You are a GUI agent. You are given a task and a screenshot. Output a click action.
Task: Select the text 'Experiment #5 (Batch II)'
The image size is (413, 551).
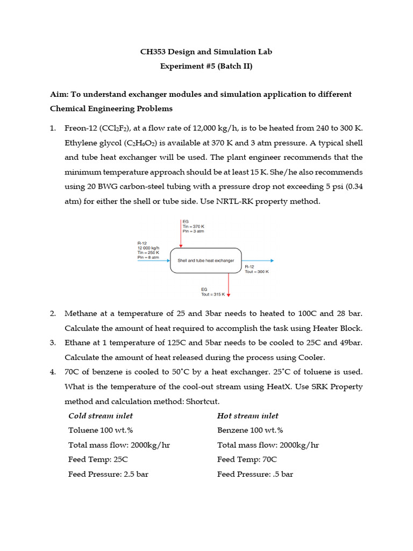click(206, 67)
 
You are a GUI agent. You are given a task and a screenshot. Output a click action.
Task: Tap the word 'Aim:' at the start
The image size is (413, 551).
click(59, 94)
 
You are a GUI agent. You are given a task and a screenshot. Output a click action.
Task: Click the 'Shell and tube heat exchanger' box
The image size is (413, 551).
click(206, 260)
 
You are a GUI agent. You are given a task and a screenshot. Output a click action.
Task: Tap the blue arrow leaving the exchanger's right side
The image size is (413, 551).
click(258, 260)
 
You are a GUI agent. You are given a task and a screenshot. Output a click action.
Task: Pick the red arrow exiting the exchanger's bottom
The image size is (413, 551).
click(229, 284)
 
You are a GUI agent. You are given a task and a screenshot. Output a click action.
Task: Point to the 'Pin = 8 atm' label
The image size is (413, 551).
click(148, 257)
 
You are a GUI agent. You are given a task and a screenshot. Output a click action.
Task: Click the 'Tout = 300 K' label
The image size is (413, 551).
click(257, 272)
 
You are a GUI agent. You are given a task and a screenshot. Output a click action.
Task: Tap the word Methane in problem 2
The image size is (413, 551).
click(81, 313)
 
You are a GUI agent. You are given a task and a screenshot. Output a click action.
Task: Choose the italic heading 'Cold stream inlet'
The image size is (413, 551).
click(101, 416)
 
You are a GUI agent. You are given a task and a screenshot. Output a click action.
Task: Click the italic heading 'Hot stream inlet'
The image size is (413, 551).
click(248, 416)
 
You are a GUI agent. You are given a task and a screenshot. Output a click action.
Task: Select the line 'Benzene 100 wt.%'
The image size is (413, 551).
click(250, 430)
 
